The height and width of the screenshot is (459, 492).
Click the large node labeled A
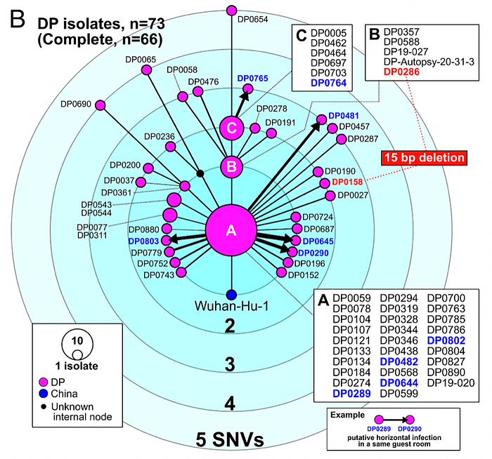pyautogui.click(x=231, y=230)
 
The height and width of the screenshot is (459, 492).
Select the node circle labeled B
pyautogui.click(x=231, y=166)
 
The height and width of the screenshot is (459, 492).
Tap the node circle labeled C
pyautogui.click(x=231, y=128)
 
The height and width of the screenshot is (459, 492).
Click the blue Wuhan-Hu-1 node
pyautogui.click(x=231, y=295)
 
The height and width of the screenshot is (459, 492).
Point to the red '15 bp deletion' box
pyautogui.click(x=425, y=158)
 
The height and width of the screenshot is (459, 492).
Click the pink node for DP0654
pyautogui.click(x=231, y=11)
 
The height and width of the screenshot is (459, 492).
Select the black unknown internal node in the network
pyautogui.click(x=200, y=173)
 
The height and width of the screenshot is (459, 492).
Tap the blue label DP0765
pyautogui.click(x=252, y=79)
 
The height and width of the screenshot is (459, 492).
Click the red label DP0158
pyautogui.click(x=347, y=182)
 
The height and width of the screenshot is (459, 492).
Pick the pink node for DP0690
pyautogui.click(x=100, y=105)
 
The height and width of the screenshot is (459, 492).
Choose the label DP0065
pyautogui.click(x=141, y=60)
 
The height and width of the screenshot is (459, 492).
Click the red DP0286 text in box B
pyautogui.click(x=401, y=72)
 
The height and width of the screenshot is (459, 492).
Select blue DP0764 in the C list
pyautogui.click(x=328, y=83)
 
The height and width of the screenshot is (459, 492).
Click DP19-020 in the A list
pyautogui.click(x=451, y=382)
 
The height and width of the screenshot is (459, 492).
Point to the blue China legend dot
pyautogui.click(x=44, y=394)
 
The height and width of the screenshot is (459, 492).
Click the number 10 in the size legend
pyautogui.click(x=77, y=340)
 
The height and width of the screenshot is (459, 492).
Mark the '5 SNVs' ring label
pyautogui.click(x=230, y=439)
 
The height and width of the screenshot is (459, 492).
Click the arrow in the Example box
pyautogui.click(x=395, y=420)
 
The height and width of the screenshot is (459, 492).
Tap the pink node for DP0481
pyautogui.click(x=322, y=119)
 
